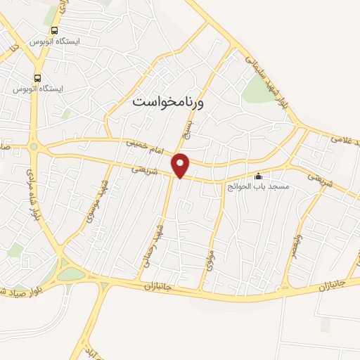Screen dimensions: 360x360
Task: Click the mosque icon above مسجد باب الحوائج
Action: pyautogui.click(x=258, y=176)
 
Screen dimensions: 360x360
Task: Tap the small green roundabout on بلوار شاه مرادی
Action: pyautogui.click(x=33, y=146)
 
